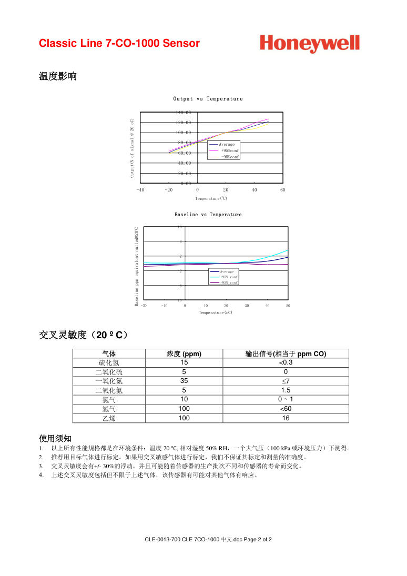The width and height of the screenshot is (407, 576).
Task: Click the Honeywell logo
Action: click(309, 44)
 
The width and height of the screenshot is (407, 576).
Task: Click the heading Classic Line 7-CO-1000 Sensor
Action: click(119, 44)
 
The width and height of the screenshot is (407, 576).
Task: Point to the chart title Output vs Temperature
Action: click(208, 99)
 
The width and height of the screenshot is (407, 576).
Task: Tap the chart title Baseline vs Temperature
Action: click(208, 215)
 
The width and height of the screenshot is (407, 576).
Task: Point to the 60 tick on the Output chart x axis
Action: click(283, 190)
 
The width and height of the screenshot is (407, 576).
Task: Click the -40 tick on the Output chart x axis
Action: click(140, 190)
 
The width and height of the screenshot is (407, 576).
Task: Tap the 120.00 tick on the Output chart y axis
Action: click(184, 123)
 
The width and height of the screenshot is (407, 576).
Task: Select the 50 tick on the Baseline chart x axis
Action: click(288, 306)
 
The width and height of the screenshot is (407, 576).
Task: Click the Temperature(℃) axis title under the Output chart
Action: click(211, 198)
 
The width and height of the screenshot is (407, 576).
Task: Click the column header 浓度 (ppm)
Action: click(184, 354)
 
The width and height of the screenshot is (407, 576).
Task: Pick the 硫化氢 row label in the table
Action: click(109, 363)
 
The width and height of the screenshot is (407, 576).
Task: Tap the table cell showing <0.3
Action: click(286, 363)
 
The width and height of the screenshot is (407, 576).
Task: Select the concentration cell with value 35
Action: click(184, 381)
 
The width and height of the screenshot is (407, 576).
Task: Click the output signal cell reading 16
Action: click(286, 418)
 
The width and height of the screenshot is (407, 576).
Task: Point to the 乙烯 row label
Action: click(109, 418)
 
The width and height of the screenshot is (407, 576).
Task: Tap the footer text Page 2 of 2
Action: click(258, 540)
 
